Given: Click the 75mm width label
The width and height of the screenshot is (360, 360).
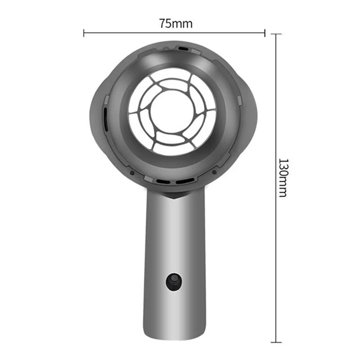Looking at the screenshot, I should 175,24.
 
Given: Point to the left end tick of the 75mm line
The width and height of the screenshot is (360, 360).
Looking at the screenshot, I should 84,32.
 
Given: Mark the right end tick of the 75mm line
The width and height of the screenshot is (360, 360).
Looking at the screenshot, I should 265,32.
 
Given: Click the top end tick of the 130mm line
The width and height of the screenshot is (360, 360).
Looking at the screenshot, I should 276,34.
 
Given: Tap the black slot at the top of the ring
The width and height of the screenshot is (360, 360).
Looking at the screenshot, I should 183,48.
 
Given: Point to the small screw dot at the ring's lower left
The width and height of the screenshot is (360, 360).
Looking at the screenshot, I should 130,171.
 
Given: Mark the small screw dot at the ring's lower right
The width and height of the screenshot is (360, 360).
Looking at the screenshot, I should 213,172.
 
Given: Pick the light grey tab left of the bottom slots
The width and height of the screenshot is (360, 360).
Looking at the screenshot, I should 148,179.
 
